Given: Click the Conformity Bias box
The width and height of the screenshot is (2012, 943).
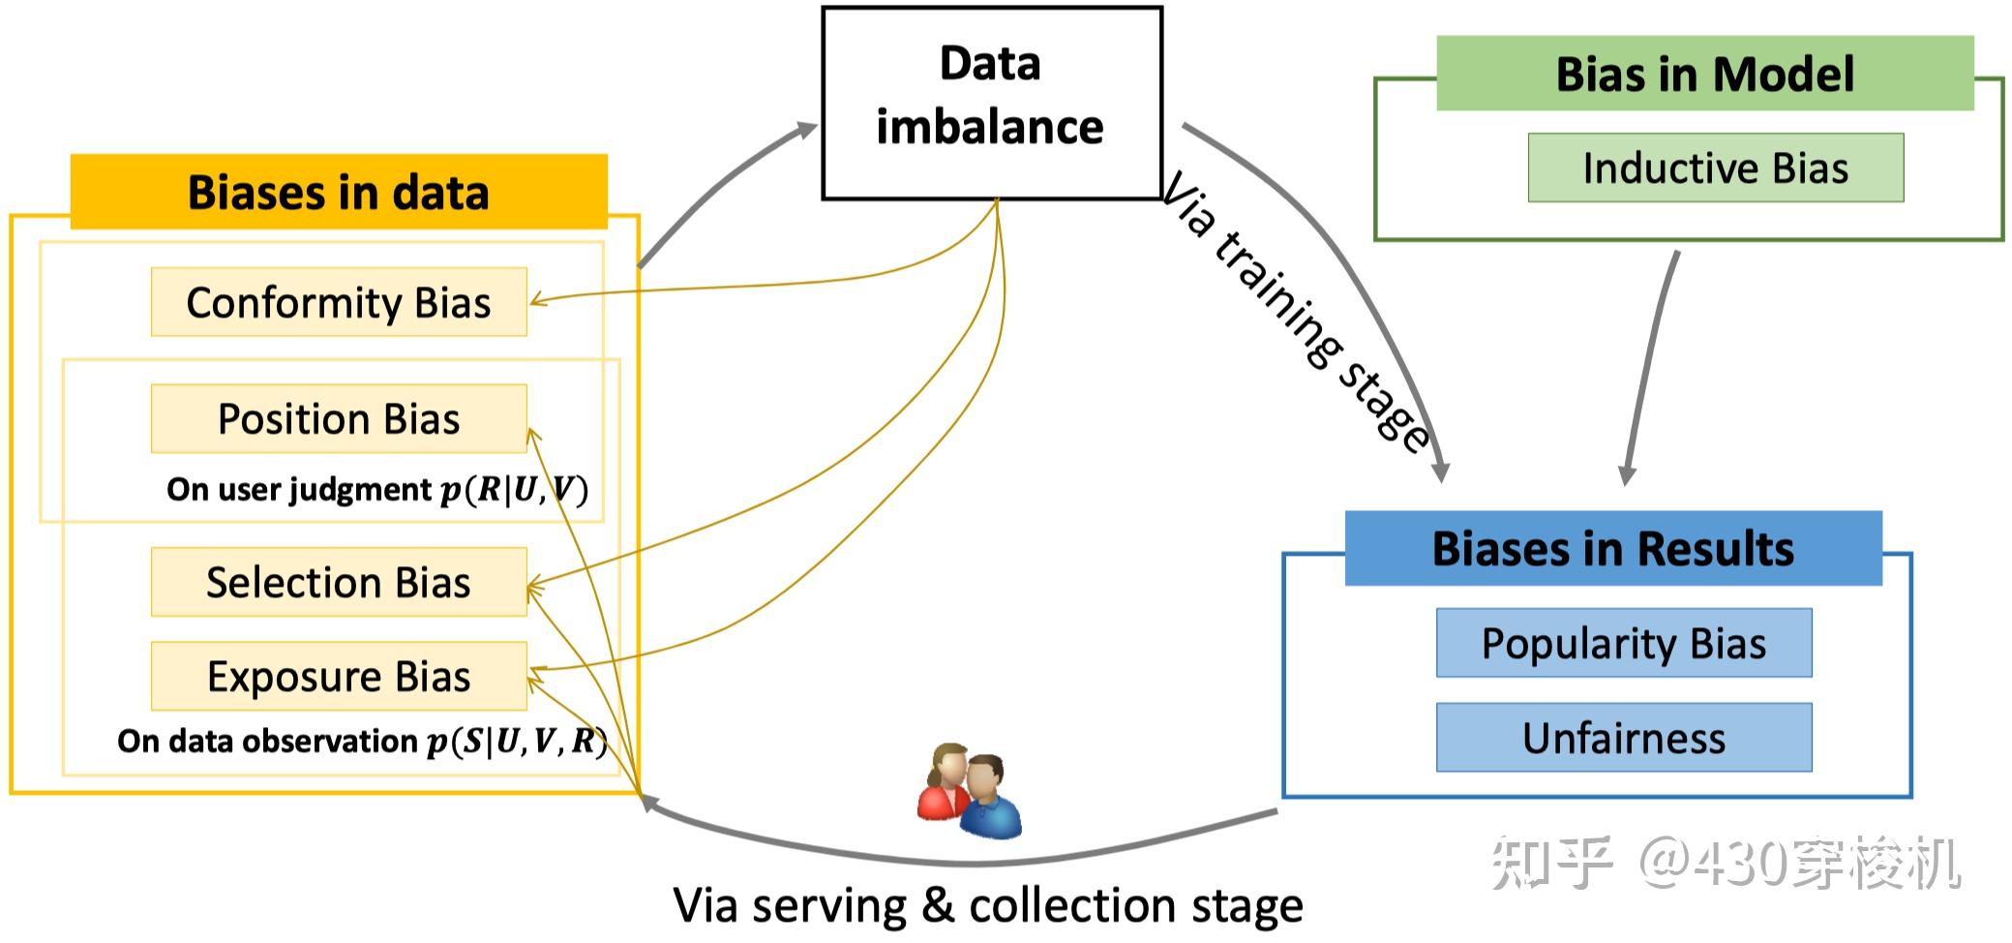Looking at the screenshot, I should coord(339,302).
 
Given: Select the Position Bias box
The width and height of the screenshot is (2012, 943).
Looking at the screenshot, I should coord(339,418).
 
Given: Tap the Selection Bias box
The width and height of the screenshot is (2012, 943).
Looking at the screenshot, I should coord(339,582).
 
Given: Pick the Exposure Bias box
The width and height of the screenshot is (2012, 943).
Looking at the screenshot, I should coord(339,676).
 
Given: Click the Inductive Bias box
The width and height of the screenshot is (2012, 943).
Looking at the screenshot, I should coord(1715,167).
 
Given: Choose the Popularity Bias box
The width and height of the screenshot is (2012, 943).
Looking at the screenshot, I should coord(1623,643).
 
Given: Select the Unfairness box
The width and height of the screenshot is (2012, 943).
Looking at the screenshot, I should coord(1623,738).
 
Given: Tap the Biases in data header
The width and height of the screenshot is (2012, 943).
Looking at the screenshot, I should coord(339,191).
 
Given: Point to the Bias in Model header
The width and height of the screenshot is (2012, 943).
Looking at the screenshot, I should coord(1704,74).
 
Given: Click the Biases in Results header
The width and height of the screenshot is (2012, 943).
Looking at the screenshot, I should coord(1612,548).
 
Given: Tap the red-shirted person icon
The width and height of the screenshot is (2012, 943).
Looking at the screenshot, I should coord(944,782).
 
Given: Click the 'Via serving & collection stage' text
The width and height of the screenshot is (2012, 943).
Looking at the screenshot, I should coord(987,905).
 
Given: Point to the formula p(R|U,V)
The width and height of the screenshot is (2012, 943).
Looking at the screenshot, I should coord(514,490).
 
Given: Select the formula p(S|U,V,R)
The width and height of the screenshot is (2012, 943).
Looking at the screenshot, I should coord(517,742).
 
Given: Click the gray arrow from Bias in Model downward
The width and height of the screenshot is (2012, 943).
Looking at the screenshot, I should coord(1650,368).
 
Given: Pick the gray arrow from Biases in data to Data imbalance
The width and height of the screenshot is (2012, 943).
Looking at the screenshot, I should coord(721,189).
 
